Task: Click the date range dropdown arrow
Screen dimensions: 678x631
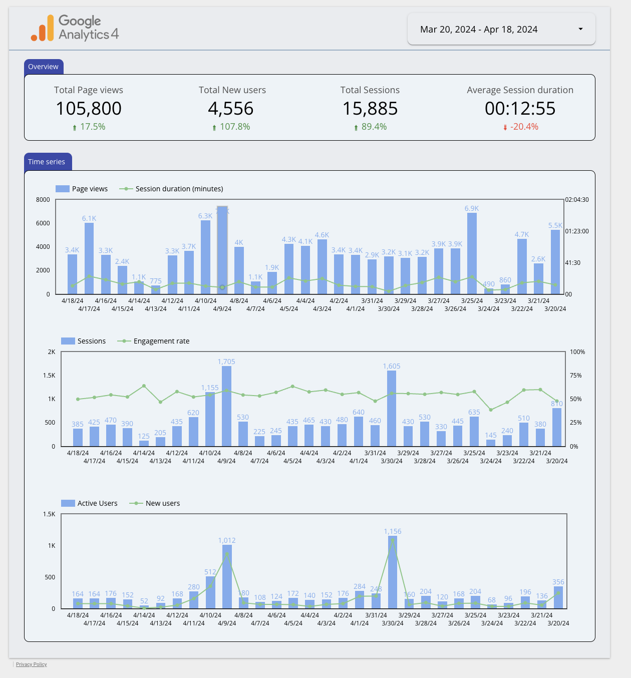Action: [580, 29]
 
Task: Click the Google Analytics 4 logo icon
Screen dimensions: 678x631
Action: [43, 28]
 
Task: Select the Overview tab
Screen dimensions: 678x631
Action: [44, 67]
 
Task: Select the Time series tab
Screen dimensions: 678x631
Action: [47, 162]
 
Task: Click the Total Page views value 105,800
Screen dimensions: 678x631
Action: [89, 109]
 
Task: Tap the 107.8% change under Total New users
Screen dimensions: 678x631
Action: [234, 127]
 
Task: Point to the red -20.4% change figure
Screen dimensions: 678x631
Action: [524, 127]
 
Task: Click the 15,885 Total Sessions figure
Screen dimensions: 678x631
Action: [370, 109]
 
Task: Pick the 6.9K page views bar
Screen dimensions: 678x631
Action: [472, 253]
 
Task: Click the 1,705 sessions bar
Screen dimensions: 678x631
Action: [226, 406]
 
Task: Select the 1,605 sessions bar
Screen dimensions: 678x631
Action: [392, 408]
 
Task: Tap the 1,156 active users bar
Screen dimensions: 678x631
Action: [393, 572]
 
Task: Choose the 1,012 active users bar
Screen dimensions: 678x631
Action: [227, 576]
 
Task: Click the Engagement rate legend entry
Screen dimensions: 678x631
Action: [161, 341]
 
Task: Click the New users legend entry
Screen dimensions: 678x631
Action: [162, 503]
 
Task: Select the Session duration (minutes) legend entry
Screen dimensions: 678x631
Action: [179, 189]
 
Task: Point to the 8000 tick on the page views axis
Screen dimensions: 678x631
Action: [43, 199]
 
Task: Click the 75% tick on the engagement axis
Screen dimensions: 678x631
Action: [576, 376]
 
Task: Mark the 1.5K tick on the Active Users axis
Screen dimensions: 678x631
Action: [49, 514]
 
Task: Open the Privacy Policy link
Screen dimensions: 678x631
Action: [32, 664]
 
